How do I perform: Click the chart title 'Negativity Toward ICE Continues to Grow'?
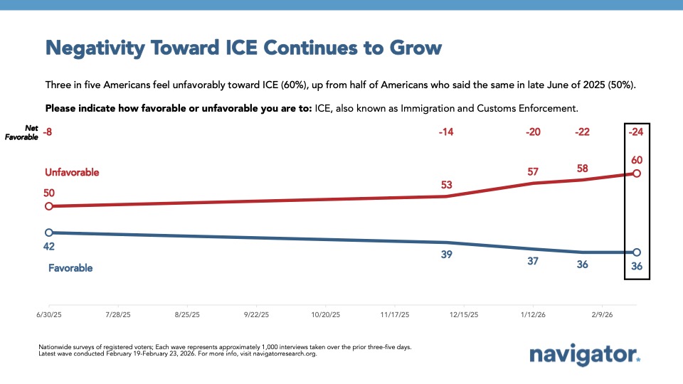(243, 48)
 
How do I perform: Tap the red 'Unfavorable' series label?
(72, 173)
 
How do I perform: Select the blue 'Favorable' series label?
(70, 268)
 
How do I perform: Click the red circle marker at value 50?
(48, 206)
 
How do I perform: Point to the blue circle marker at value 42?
(48, 233)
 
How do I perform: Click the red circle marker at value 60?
(637, 174)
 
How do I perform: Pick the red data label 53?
(447, 185)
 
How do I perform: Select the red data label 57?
(532, 171)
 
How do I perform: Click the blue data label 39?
(447, 255)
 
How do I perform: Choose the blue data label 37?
(532, 261)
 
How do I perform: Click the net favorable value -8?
(48, 132)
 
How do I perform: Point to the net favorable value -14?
(447, 132)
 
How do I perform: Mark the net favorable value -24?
(636, 132)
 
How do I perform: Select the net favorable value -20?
(532, 132)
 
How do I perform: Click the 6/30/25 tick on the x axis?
(48, 314)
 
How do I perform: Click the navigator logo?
(585, 355)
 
